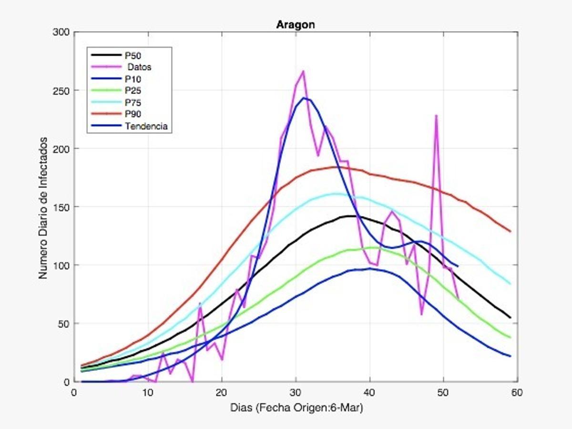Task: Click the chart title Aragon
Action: click(x=296, y=25)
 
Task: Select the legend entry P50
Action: click(x=133, y=56)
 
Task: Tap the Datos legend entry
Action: click(x=139, y=67)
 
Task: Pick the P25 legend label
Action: click(x=133, y=91)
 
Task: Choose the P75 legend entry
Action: click(x=133, y=102)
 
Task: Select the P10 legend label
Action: click(x=133, y=79)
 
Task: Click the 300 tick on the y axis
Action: click(x=64, y=32)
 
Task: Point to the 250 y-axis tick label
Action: click(x=64, y=91)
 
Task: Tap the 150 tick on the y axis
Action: click(x=64, y=207)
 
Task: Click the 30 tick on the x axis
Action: click(x=296, y=392)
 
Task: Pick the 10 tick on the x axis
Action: click(x=148, y=392)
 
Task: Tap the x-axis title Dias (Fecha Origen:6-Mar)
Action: click(x=296, y=409)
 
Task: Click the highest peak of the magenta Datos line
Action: click(x=303, y=71)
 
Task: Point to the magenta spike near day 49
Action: click(x=436, y=115)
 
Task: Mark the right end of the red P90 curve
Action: click(x=511, y=232)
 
